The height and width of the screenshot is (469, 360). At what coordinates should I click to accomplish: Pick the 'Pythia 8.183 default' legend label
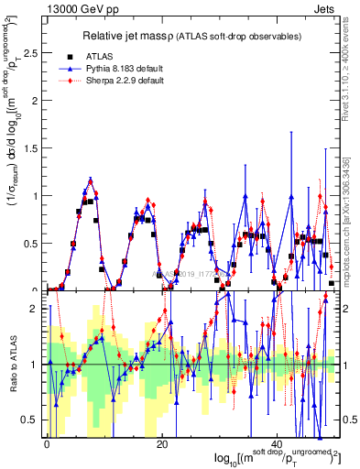pyautogui.click(x=140, y=68)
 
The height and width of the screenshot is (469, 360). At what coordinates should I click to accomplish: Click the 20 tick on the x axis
pyautogui.click(x=162, y=444)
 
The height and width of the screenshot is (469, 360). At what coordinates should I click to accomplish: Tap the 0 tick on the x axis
pyautogui.click(x=47, y=444)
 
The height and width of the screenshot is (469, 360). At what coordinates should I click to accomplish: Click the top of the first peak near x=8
pyautogui.click(x=91, y=180)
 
